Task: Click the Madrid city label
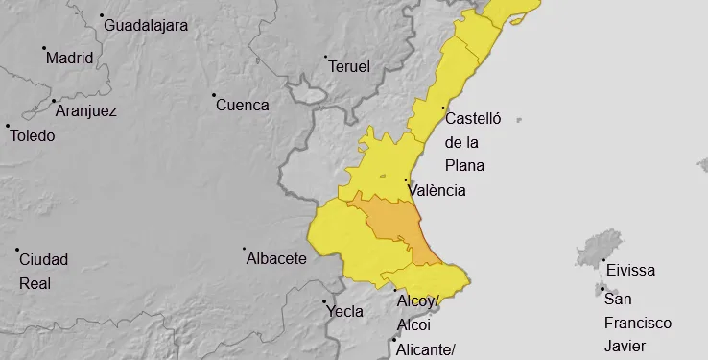tap(70, 58)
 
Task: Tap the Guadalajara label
tap(145, 24)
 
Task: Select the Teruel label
tap(349, 66)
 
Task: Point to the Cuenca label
tap(243, 105)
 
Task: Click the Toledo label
tap(33, 135)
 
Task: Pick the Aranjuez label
tap(86, 110)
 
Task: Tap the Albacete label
tap(276, 258)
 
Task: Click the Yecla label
tap(345, 311)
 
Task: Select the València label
tap(437, 190)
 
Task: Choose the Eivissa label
tap(629, 271)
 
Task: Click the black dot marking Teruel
tap(326, 57)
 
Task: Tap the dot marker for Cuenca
tap(214, 95)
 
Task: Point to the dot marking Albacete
tap(245, 249)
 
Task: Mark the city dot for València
tap(406, 180)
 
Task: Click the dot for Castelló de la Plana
tap(443, 108)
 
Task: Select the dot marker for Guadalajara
tap(102, 15)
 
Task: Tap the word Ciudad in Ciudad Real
tap(43, 259)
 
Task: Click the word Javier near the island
tap(626, 346)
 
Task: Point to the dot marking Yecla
tap(324, 301)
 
